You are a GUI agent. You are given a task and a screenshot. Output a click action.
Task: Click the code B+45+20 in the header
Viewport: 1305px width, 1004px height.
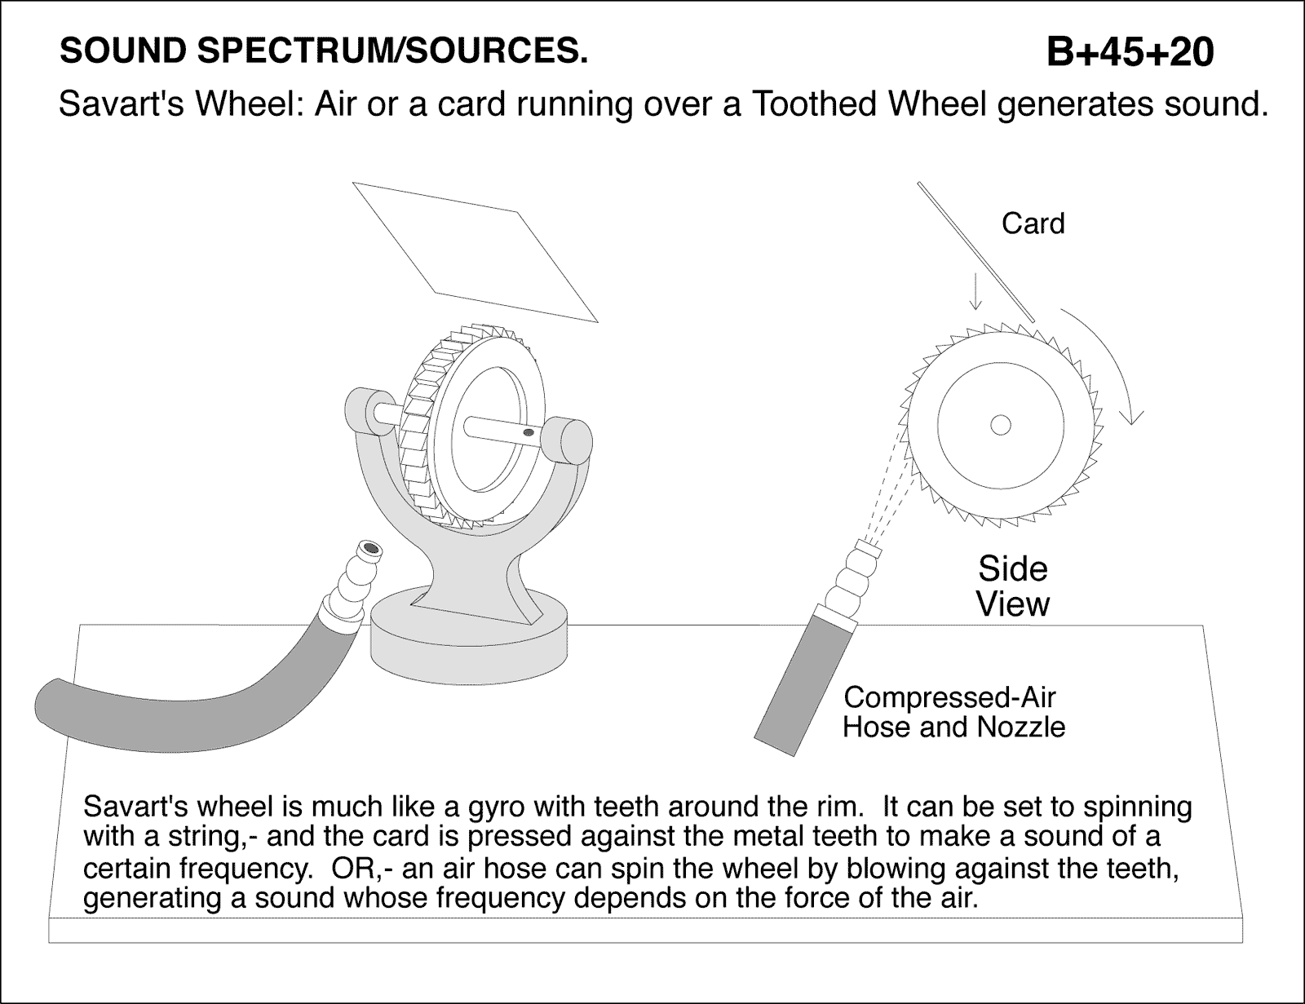click(x=1130, y=52)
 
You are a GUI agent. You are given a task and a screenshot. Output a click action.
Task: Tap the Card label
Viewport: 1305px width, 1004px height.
click(x=1033, y=223)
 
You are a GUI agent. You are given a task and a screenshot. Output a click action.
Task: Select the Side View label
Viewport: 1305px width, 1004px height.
click(x=1012, y=586)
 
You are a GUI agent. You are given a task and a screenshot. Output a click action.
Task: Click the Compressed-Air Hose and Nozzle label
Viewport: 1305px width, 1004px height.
click(x=953, y=712)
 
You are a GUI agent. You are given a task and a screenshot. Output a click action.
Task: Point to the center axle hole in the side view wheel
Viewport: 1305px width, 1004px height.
click(x=1000, y=425)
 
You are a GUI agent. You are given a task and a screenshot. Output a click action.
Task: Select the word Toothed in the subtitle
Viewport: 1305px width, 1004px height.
click(x=806, y=104)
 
